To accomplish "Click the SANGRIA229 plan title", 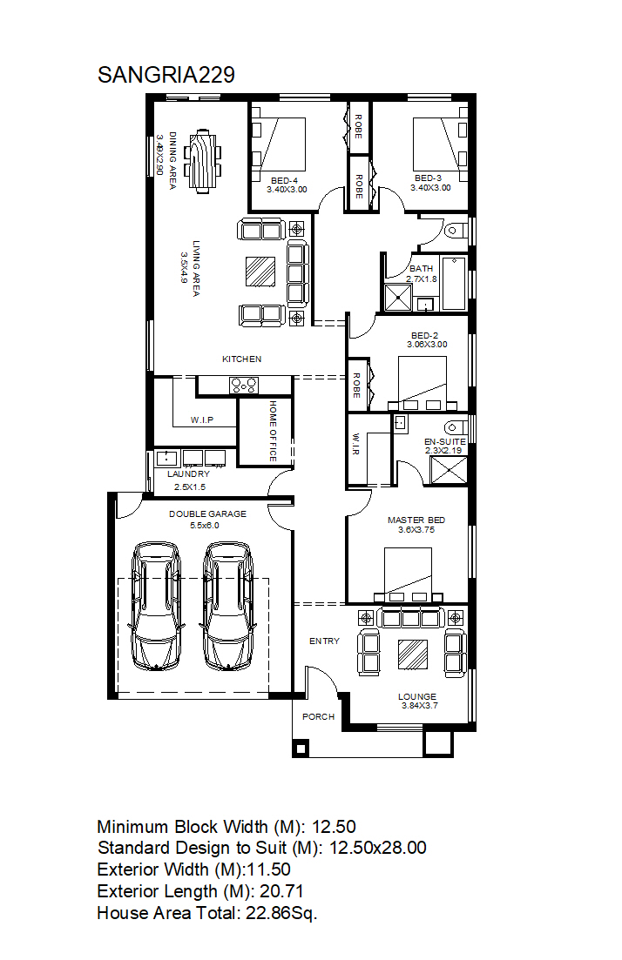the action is (166, 75).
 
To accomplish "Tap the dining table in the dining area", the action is (203, 160).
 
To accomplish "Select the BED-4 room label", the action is (284, 181).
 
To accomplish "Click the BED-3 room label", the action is (428, 178).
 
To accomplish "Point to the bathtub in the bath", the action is (454, 283).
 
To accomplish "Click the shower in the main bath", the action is (398, 298).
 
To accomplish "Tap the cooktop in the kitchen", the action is (244, 385).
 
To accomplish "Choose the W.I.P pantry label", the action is (202, 420).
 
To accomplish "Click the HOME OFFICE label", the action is (274, 431).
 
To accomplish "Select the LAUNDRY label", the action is (189, 473).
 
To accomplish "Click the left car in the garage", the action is (155, 606).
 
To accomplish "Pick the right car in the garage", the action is (228, 606).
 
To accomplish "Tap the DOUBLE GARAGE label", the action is (207, 514).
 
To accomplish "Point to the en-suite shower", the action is (449, 470).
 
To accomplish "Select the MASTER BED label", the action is (416, 520).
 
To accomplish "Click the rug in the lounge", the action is (413, 654).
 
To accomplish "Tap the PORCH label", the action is (319, 716).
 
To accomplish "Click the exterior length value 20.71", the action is (282, 891).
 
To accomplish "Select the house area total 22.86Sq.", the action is (281, 914).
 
